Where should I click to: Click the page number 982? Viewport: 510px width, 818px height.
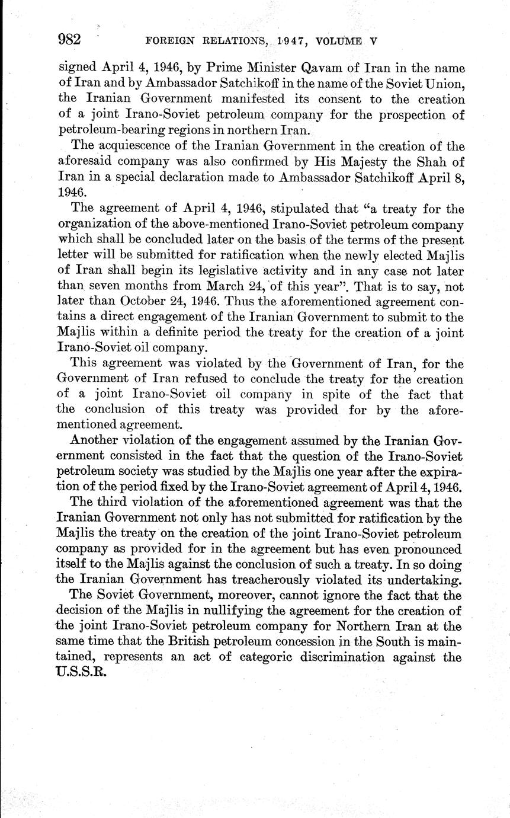[69, 40]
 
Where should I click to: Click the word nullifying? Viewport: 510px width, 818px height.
[248, 610]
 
